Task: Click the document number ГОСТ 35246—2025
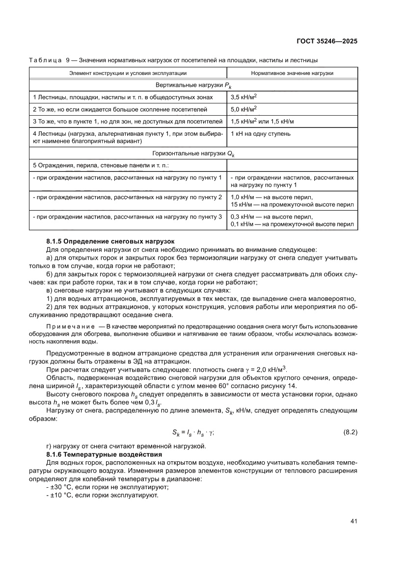[x=327, y=41]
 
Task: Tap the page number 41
[x=353, y=521]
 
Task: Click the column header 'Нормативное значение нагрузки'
[x=292, y=73]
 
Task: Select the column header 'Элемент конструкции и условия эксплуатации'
[x=127, y=73]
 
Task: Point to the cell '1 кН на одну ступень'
[x=260, y=133]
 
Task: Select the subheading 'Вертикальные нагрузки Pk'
[x=193, y=85]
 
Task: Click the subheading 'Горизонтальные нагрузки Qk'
[x=193, y=153]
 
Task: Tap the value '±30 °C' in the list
[x=59, y=487]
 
